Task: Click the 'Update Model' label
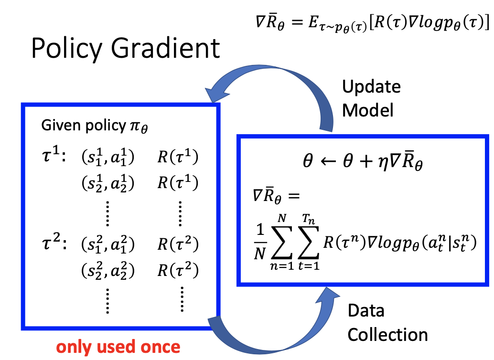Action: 372,99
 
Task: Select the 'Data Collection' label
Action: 387,323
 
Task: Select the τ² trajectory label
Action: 54,244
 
